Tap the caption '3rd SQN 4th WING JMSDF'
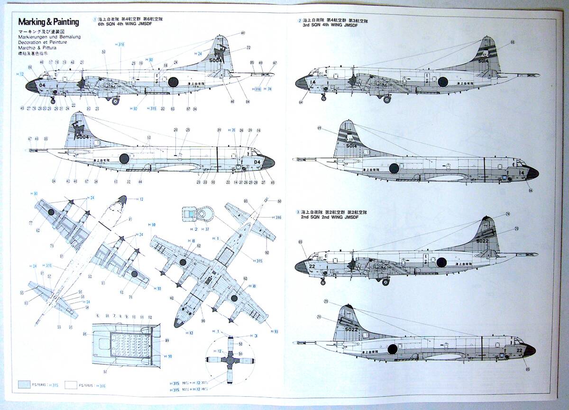tap(330, 25)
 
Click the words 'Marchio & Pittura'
tap(37, 48)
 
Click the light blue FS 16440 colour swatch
tap(24, 385)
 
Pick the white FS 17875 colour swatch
tap(71, 385)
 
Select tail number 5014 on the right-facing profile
tap(351, 146)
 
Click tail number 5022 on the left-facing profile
tap(483, 240)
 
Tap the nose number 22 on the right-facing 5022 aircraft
tap(519, 351)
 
